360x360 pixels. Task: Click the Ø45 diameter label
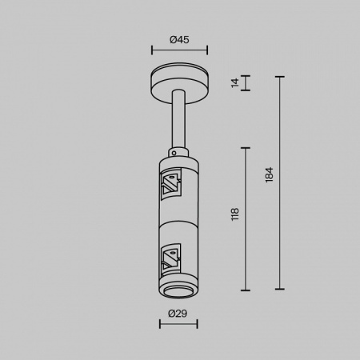point(179,39)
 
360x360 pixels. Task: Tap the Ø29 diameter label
point(178,313)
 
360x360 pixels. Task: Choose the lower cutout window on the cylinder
point(170,258)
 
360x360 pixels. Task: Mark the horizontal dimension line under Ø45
point(179,50)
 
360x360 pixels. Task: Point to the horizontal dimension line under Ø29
point(178,324)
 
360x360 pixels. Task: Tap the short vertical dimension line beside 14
point(245,83)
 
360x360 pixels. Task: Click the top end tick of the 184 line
point(279,77)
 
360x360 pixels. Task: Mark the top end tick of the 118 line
point(245,149)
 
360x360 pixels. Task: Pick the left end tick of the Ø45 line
point(152,50)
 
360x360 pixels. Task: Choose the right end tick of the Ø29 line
point(197,324)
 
